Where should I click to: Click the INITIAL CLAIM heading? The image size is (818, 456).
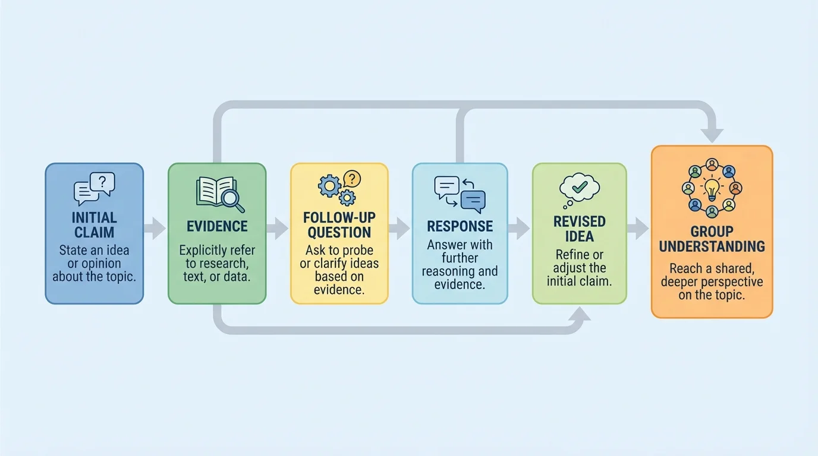point(94,224)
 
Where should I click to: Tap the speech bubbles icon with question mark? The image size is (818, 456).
point(94,189)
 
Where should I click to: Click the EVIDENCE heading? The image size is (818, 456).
point(217,226)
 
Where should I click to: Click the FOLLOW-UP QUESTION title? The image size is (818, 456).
point(339,225)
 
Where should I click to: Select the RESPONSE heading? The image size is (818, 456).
point(460,226)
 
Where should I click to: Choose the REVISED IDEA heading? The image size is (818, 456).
point(579,229)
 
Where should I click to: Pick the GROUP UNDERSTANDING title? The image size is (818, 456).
point(712,239)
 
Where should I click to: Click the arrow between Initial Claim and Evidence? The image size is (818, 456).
point(155,228)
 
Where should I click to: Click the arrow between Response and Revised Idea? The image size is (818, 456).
point(520,228)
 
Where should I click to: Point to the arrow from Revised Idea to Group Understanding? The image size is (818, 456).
point(639,228)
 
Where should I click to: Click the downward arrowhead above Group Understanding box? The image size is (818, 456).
point(712,135)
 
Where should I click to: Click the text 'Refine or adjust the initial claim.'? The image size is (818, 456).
point(579,268)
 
